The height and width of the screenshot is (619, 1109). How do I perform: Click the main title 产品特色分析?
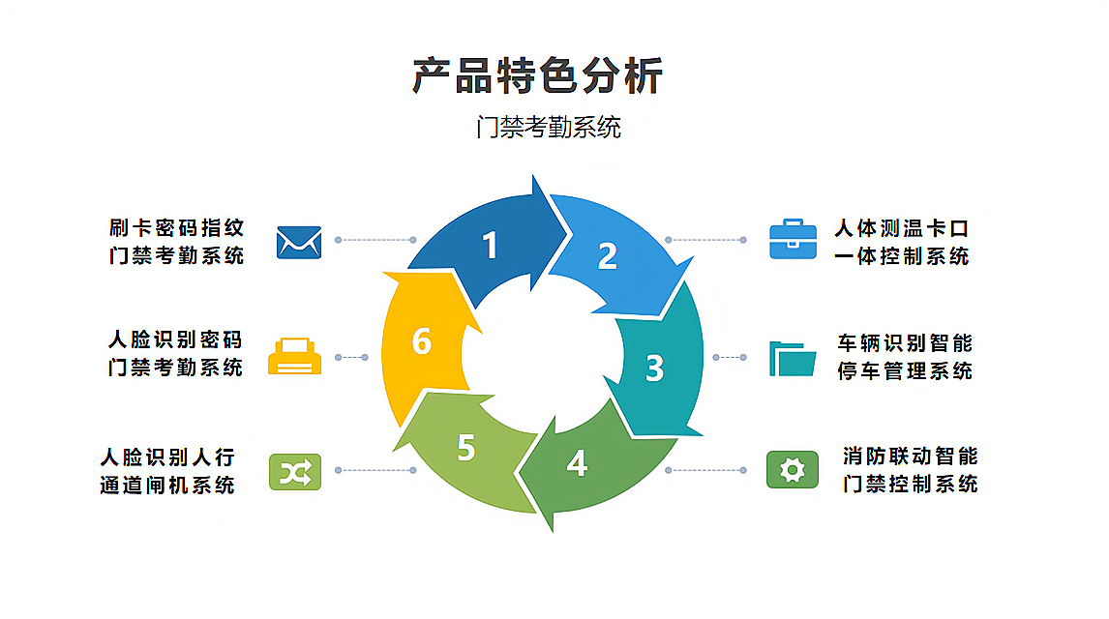click(x=538, y=76)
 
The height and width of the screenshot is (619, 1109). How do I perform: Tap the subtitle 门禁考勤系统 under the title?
click(x=548, y=127)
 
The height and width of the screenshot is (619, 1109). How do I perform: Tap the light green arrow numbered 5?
click(x=467, y=448)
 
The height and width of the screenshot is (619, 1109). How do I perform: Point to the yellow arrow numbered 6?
click(x=421, y=340)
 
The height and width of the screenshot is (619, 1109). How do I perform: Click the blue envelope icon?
click(x=299, y=241)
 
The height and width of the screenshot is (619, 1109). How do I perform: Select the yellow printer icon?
click(x=293, y=357)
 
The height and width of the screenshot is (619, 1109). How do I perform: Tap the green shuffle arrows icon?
click(x=294, y=471)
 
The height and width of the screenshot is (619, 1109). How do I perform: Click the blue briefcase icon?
click(x=794, y=239)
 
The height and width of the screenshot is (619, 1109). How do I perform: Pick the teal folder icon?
click(x=793, y=358)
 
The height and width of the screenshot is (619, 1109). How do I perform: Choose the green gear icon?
click(x=793, y=470)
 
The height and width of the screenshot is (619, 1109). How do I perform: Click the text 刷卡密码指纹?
click(x=176, y=228)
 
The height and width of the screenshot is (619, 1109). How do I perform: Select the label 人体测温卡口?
click(x=902, y=229)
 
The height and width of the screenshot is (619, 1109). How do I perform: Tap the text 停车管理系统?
click(x=905, y=370)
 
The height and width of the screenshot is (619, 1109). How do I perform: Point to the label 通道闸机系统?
click(x=167, y=485)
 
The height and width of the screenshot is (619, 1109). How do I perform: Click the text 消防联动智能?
click(x=910, y=457)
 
